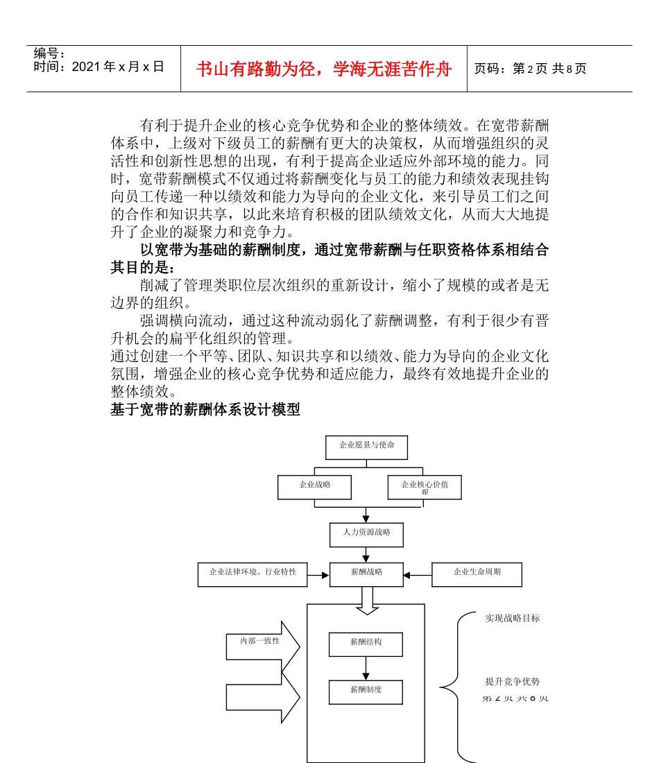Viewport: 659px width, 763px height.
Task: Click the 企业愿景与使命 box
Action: tap(366, 447)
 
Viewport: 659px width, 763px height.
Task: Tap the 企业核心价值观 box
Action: tap(425, 487)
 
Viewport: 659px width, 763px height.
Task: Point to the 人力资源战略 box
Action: tap(366, 534)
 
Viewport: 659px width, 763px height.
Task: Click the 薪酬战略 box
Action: tap(366, 574)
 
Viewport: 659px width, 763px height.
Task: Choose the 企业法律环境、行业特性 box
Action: tap(253, 574)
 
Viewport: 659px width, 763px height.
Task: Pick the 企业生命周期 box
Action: tap(477, 574)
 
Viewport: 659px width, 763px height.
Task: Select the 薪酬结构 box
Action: tap(366, 644)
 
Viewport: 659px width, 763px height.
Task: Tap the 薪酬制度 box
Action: tap(366, 692)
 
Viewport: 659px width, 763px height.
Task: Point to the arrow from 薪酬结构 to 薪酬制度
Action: tap(366, 668)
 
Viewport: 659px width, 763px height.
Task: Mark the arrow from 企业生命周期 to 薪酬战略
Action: tap(418, 575)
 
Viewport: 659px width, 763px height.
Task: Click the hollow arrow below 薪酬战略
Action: tap(367, 600)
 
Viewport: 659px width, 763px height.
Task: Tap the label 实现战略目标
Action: tap(512, 618)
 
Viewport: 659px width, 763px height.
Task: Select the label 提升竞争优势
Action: tap(512, 681)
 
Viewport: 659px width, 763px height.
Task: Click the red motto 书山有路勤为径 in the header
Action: tap(324, 69)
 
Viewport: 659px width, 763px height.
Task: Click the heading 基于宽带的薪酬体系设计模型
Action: tap(205, 409)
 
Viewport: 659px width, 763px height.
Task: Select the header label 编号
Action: tap(49, 53)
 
